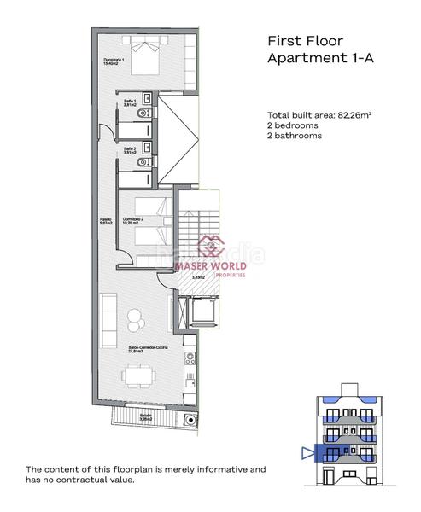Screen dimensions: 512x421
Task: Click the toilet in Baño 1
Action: (x=148, y=112)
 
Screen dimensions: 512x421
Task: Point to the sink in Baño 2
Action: (x=149, y=146)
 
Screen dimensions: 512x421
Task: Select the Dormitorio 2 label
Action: (x=133, y=220)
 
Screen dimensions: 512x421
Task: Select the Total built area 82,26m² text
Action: (x=311, y=115)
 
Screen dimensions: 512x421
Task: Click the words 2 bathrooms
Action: (x=295, y=136)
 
